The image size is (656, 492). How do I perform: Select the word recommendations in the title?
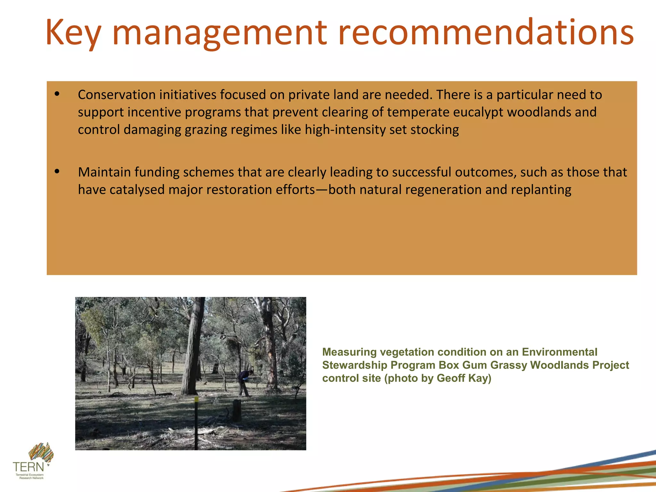[x=486, y=32]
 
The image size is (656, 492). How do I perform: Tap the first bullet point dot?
[x=57, y=94]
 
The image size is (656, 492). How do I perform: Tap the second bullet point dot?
[x=57, y=172]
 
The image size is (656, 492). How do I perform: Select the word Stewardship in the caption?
[x=355, y=365]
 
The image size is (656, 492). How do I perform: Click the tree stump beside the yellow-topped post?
[x=237, y=410]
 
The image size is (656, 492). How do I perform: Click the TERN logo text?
[x=28, y=467]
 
